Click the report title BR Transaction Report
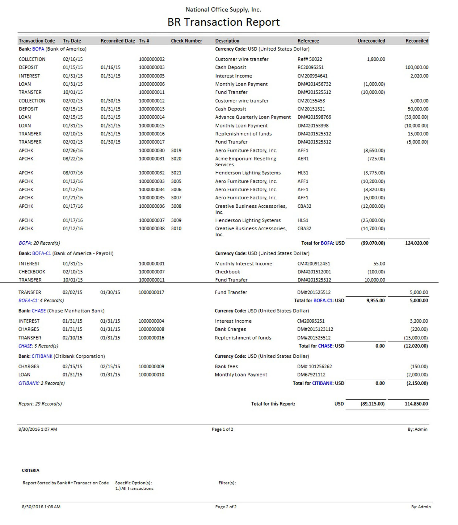coord(223,22)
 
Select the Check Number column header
coord(186,41)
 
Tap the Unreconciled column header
coord(371,41)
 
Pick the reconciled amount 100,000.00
coord(416,67)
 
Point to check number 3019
coord(176,151)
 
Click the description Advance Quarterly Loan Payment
coord(253,117)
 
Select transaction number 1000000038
coord(152,229)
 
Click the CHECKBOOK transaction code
coord(32,272)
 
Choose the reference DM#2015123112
coord(315,329)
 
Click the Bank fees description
coord(226,367)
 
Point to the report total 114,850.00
coord(416,404)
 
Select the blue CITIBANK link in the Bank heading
coord(42,356)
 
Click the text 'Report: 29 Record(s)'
coord(40,404)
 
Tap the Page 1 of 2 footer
coord(222,429)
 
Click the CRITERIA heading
coord(30,470)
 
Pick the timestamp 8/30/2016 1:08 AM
coord(41,507)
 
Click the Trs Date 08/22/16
coord(73,159)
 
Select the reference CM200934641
coord(312,76)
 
